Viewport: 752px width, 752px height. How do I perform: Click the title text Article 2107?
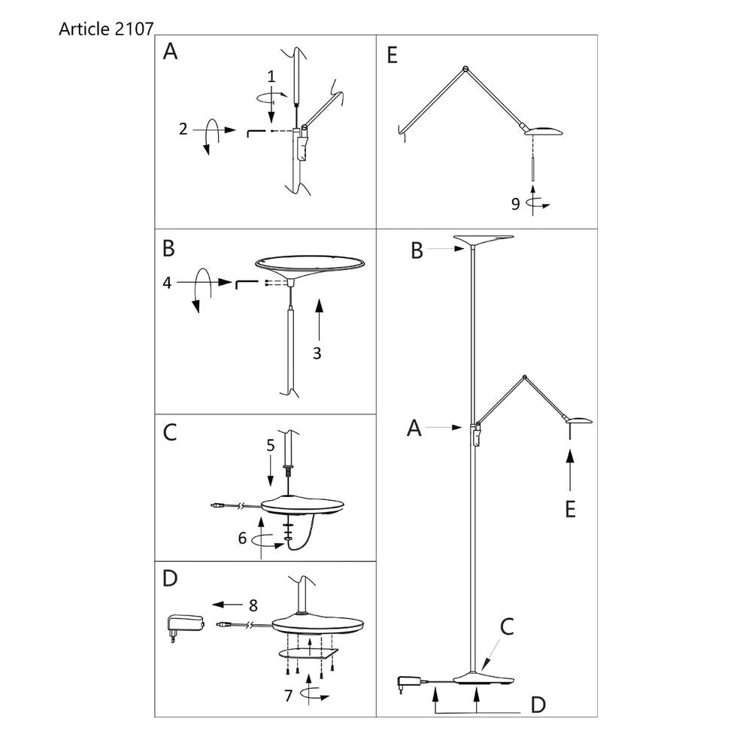(106, 29)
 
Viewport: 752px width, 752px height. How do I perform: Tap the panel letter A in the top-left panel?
(170, 51)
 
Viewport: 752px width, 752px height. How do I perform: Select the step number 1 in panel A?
(271, 76)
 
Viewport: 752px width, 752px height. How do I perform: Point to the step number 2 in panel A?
(183, 129)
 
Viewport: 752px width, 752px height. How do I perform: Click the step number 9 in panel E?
(516, 205)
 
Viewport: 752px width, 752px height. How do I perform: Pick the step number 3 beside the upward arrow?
(317, 353)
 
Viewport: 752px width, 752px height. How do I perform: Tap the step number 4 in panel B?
(167, 283)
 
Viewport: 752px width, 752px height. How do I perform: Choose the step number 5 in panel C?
(271, 445)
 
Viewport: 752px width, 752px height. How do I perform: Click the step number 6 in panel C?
(243, 538)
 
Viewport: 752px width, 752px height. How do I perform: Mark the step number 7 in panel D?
(288, 696)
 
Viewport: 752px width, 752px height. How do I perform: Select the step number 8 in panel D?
(253, 605)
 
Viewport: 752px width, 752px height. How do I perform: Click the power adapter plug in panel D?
(185, 627)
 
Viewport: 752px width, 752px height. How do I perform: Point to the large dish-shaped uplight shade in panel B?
(310, 268)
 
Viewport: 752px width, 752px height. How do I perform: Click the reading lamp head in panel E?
(544, 131)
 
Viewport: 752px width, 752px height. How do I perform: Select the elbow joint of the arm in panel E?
(465, 68)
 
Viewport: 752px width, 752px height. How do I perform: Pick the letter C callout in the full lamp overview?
(507, 627)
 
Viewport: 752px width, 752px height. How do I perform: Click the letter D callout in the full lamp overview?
(538, 705)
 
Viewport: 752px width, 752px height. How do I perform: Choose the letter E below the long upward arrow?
(570, 509)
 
